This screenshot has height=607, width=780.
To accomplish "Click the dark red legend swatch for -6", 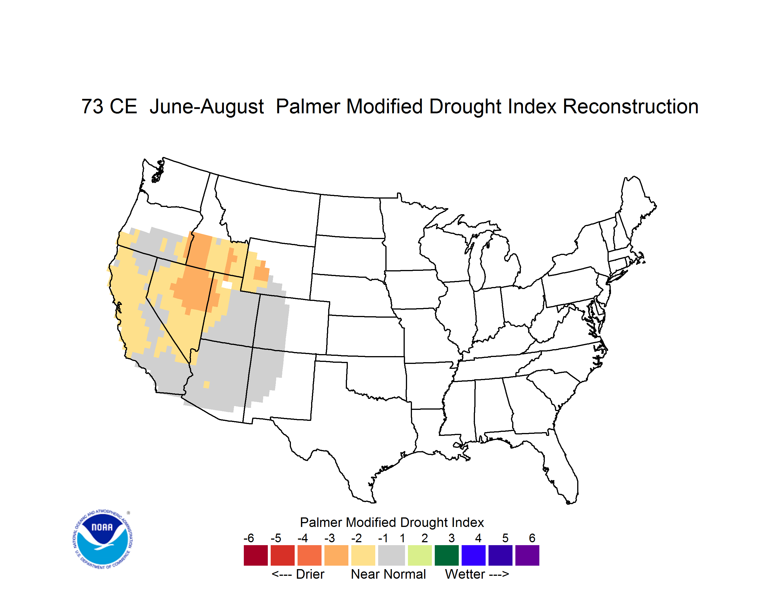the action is click(x=256, y=555).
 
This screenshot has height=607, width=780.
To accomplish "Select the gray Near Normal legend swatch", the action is click(x=391, y=555).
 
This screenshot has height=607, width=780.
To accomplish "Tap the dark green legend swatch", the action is click(x=446, y=555).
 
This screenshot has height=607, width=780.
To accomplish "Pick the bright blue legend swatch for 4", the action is click(x=473, y=555).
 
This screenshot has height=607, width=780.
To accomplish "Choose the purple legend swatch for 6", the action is click(x=527, y=555).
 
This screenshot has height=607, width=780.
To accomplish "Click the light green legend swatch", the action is click(x=420, y=555).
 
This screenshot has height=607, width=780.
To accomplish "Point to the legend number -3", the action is click(x=330, y=538).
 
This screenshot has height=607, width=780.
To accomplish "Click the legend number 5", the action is click(x=505, y=538).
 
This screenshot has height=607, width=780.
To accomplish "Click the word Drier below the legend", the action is click(x=310, y=574).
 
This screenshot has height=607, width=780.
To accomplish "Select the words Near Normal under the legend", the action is click(x=388, y=574).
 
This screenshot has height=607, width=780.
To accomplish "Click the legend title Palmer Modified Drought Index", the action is click(x=392, y=522).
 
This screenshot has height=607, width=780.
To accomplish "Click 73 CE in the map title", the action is click(x=109, y=106).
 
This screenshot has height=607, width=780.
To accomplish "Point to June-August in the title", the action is click(x=207, y=106).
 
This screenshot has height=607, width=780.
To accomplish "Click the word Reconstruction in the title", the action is click(x=631, y=106).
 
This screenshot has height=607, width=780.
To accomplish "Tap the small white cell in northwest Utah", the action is click(x=227, y=285).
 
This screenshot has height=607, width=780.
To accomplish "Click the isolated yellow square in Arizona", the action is click(x=207, y=385).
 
